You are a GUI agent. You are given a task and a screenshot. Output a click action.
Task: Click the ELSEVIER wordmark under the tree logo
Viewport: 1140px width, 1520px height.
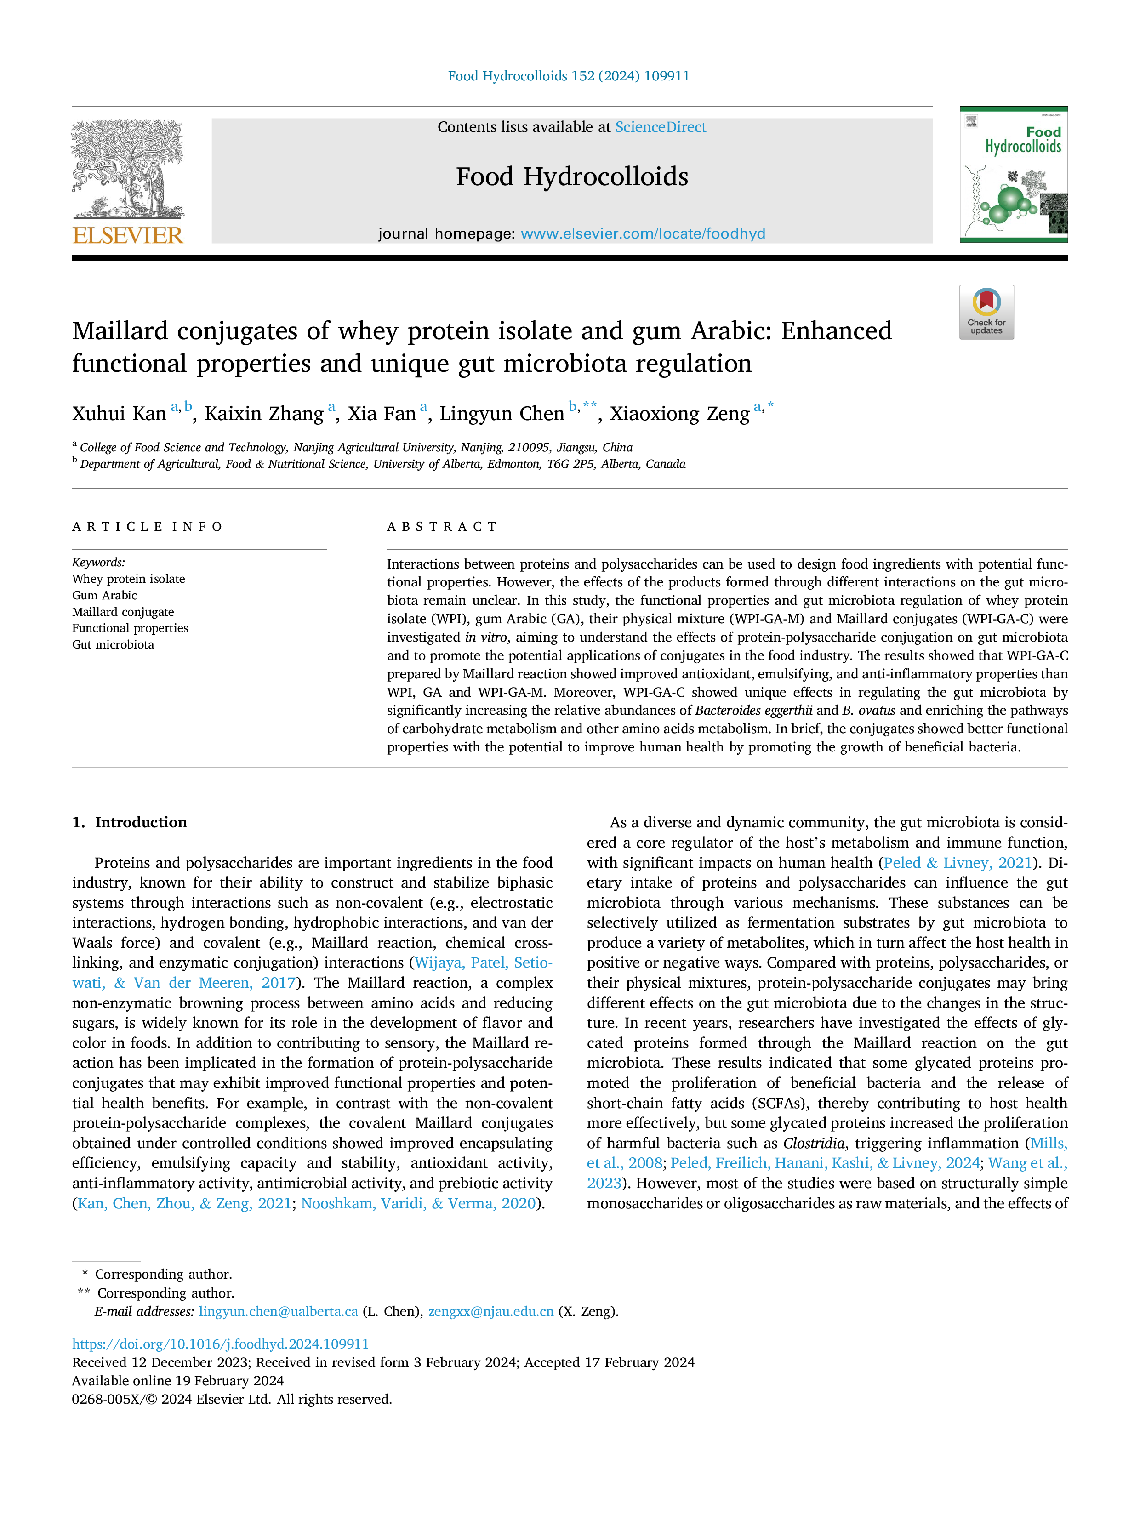(x=128, y=236)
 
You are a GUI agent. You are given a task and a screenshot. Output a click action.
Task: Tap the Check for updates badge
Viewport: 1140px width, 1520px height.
(x=986, y=312)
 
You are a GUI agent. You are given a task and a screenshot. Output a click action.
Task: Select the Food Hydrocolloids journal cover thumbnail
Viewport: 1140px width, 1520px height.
(x=1014, y=175)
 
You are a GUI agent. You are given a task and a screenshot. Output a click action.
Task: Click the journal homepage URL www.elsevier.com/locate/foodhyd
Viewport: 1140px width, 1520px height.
(x=643, y=233)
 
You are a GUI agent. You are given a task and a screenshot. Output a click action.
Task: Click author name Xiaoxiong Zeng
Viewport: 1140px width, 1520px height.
(x=679, y=414)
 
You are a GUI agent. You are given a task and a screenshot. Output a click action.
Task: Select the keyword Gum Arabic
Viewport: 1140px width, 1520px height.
(x=104, y=595)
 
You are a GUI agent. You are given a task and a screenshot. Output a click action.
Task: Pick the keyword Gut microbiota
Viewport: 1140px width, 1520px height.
(x=114, y=644)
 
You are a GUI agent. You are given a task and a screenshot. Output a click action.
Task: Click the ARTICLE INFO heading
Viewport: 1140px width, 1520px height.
(x=148, y=527)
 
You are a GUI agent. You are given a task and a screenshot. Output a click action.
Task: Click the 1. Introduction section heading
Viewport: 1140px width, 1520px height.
(x=129, y=823)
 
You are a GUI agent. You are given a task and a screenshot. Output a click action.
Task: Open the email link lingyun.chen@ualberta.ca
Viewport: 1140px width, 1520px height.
(x=278, y=1311)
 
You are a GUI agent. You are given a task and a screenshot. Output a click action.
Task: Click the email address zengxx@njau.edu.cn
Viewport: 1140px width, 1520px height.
(x=490, y=1311)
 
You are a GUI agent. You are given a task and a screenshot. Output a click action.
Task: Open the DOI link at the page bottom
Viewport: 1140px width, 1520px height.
(x=221, y=1344)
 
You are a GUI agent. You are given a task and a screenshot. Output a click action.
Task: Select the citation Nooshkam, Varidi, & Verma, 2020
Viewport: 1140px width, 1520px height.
(x=418, y=1203)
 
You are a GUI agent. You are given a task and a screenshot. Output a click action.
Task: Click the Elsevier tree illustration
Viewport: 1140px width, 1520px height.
(x=128, y=169)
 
